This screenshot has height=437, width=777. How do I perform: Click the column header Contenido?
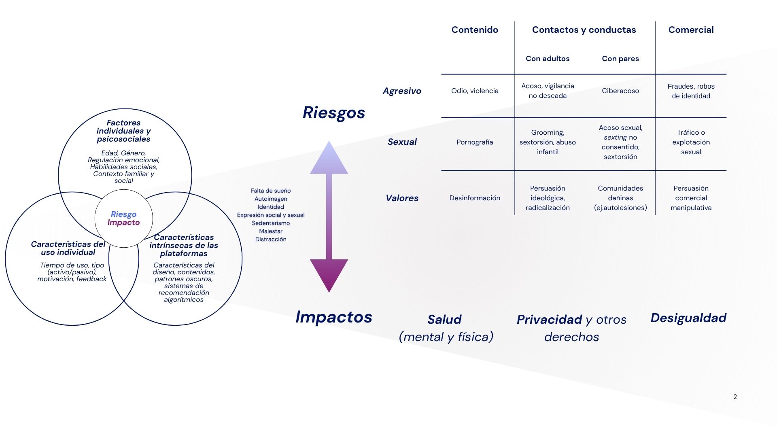475,30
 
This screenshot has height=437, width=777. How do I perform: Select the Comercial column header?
691,30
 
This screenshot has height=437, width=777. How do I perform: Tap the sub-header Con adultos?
548,58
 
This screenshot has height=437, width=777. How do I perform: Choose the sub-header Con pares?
620,58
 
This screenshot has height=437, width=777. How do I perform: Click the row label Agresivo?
402,91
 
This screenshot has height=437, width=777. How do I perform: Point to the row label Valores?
402,198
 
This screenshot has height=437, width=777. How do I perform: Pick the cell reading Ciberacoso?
620,91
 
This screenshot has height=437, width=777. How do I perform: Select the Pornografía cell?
475,142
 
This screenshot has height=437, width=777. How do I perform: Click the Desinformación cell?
475,198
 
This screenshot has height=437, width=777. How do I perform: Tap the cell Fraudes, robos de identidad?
691,91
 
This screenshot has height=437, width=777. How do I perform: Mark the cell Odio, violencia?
475,91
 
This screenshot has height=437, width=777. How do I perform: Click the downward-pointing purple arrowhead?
329,274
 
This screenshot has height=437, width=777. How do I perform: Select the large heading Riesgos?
334,112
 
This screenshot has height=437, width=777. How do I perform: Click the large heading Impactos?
334,317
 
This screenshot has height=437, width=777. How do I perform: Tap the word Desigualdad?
688,318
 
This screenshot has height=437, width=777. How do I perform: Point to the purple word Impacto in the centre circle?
123,223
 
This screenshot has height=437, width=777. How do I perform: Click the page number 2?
735,397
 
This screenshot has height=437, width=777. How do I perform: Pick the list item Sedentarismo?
271,223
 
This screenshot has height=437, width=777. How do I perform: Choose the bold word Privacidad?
549,319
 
